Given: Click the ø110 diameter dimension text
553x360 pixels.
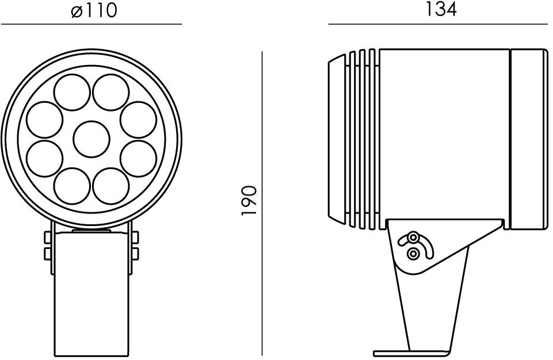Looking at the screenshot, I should (x=94, y=10).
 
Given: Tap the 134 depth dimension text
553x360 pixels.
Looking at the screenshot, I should (x=441, y=9).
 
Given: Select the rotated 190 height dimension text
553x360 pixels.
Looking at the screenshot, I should (x=249, y=201).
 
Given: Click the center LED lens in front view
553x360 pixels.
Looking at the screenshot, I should (x=91, y=139).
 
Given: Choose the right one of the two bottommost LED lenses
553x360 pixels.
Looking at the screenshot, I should (x=110, y=185).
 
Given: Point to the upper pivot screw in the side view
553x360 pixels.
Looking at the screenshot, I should (x=413, y=238).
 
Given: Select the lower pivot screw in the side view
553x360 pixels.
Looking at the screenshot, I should (x=413, y=254).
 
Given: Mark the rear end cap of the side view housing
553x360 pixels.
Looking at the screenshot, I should (x=528, y=139).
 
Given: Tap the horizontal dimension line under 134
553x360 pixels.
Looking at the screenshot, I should (x=437, y=24).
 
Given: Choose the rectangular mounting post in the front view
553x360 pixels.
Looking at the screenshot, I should (x=91, y=293).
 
